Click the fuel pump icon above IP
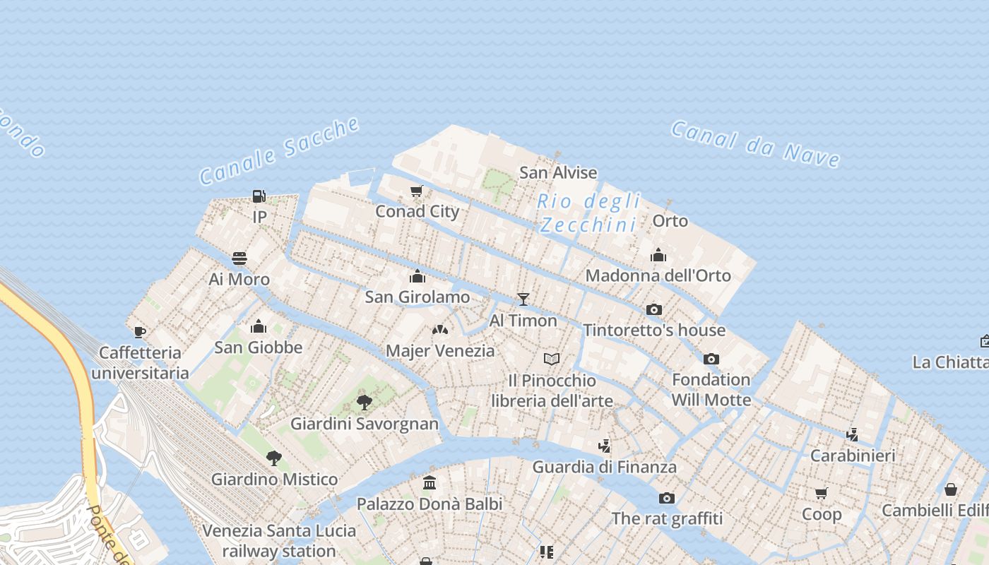point(259,196)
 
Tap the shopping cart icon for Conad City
point(417,191)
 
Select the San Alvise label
point(558,172)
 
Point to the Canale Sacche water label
point(280,151)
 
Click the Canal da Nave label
point(755,144)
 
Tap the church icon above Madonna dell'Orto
point(658,255)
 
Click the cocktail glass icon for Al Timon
point(523,299)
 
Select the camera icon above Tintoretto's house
point(654,309)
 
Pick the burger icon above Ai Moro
point(239,258)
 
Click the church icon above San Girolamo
point(417,276)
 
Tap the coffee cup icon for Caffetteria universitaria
point(140,332)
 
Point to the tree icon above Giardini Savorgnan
point(365,403)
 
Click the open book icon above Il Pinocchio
point(552,359)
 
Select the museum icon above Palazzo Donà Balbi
point(430,483)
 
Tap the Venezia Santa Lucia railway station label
point(279,540)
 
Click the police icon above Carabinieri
point(853,434)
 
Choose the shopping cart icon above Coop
point(821,493)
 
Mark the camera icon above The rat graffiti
point(666,498)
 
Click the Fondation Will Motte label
point(711,389)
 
